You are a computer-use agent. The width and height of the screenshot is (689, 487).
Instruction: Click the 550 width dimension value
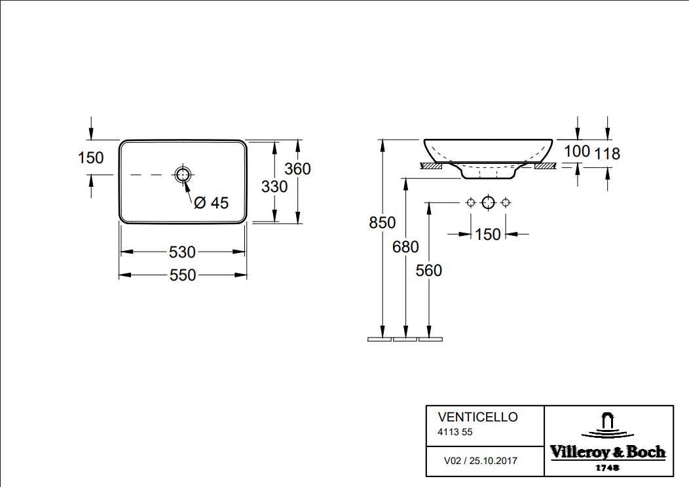(183, 275)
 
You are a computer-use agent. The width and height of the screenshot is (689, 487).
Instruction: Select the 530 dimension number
(183, 252)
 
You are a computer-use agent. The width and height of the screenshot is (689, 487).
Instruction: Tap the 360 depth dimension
(297, 168)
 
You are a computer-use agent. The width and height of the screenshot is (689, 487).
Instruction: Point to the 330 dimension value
(274, 187)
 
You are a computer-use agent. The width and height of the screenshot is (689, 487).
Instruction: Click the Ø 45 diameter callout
(211, 203)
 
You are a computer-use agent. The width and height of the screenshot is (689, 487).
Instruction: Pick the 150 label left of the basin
(90, 158)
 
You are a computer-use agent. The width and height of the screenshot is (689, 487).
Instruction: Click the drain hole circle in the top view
(183, 174)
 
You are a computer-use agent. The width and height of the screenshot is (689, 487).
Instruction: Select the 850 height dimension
(382, 223)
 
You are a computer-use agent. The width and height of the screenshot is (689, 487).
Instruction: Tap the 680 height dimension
(406, 246)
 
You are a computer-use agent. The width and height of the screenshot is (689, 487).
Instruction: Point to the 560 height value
(429, 270)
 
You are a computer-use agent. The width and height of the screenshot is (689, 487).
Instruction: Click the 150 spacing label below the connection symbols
(487, 234)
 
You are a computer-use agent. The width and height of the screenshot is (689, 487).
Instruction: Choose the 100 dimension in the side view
(577, 151)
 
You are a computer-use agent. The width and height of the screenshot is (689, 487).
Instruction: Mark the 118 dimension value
(607, 154)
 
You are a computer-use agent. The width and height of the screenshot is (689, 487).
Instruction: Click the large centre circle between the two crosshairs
(487, 203)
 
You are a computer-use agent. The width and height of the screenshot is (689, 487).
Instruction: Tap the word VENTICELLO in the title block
(477, 417)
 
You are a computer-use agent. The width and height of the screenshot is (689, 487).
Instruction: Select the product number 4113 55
(455, 432)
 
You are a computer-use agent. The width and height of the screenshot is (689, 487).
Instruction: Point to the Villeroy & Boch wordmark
(607, 452)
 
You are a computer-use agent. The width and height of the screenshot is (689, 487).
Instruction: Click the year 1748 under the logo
(608, 468)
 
